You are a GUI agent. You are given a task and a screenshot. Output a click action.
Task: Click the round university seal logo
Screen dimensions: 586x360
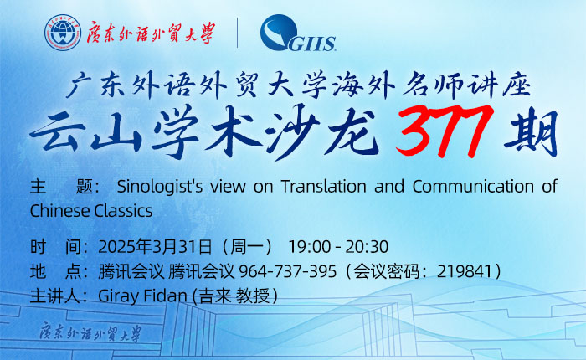pyautogui.click(x=63, y=33)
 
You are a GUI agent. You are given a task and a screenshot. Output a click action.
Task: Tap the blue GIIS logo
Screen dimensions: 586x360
pyautogui.click(x=298, y=33)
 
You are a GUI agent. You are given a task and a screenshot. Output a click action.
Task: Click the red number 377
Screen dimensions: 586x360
pyautogui.click(x=445, y=131)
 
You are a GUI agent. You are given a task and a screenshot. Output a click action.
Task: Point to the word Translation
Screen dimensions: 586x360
pyautogui.click(x=323, y=186)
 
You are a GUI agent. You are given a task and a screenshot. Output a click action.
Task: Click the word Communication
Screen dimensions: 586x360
pyautogui.click(x=473, y=186)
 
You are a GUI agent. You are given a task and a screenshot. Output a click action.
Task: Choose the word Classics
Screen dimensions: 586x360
pyautogui.click(x=123, y=211)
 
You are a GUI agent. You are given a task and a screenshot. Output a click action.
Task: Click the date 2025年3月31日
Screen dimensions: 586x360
pyautogui.click(x=155, y=247)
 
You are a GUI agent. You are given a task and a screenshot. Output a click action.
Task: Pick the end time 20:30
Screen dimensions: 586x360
pyautogui.click(x=367, y=247)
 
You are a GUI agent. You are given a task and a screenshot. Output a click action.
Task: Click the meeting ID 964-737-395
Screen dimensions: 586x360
pyautogui.click(x=287, y=271)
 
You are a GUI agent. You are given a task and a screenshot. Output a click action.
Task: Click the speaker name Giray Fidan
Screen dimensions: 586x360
pyautogui.click(x=142, y=296)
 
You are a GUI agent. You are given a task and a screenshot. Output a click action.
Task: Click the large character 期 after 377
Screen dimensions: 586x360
pyautogui.click(x=530, y=132)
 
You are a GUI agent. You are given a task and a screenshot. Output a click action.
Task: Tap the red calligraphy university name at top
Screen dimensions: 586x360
pyautogui.click(x=151, y=33)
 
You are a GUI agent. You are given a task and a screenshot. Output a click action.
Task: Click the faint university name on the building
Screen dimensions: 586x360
pyautogui.click(x=90, y=332)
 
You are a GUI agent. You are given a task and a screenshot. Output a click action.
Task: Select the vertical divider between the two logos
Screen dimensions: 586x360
pyautogui.click(x=237, y=33)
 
